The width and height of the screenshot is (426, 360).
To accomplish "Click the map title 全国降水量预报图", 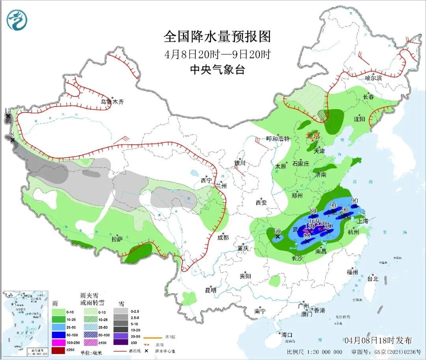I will (217, 37).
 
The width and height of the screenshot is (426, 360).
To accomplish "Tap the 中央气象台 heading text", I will (217, 70).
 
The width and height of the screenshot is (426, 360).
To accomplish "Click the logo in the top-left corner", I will (17, 19).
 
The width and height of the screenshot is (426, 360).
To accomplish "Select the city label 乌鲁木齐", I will (112, 102).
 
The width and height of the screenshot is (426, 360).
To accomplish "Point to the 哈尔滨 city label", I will (373, 78).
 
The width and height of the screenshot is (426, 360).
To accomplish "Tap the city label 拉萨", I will (117, 239).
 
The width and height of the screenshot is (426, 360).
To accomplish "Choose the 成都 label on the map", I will (223, 237).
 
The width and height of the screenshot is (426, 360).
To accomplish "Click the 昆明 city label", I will (211, 290).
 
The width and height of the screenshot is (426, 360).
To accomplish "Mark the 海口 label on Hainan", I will (286, 335).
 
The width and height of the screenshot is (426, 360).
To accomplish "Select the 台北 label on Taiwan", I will (372, 278).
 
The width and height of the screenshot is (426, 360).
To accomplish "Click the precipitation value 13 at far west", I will (7, 111).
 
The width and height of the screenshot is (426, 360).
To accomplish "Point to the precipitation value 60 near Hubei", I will (277, 231).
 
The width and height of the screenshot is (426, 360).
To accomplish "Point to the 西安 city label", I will (261, 203).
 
